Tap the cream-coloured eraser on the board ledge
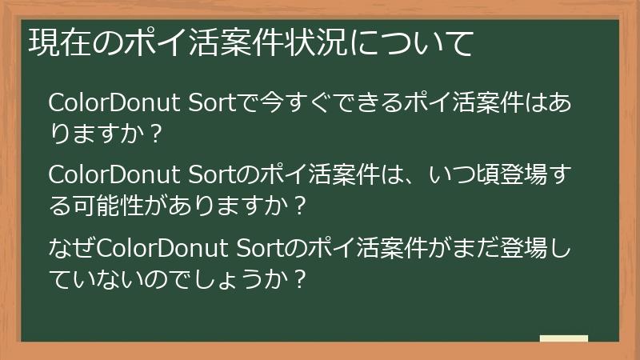pos(563,338)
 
